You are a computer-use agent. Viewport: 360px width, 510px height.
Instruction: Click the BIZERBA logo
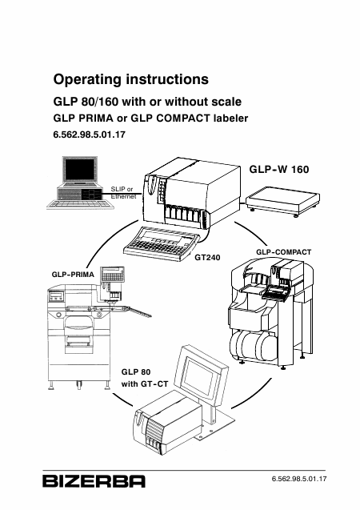[94, 481]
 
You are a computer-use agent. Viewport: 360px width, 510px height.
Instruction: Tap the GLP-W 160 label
[279, 170]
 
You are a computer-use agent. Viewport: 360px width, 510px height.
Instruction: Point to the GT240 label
[207, 258]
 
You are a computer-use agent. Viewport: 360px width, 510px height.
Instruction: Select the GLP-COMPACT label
[284, 252]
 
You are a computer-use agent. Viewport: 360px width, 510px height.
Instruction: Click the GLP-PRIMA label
[73, 275]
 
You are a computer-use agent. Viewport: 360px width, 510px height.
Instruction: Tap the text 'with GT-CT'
[145, 384]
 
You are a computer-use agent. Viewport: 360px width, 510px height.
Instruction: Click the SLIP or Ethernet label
[123, 192]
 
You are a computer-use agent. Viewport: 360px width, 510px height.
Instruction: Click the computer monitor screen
[80, 170]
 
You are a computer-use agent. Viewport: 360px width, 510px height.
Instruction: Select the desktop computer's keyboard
[80, 204]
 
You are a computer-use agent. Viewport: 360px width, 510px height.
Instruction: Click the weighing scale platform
[282, 199]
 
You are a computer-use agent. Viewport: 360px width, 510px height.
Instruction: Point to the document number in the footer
[299, 479]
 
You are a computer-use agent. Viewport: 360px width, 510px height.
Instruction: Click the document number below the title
[89, 135]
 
